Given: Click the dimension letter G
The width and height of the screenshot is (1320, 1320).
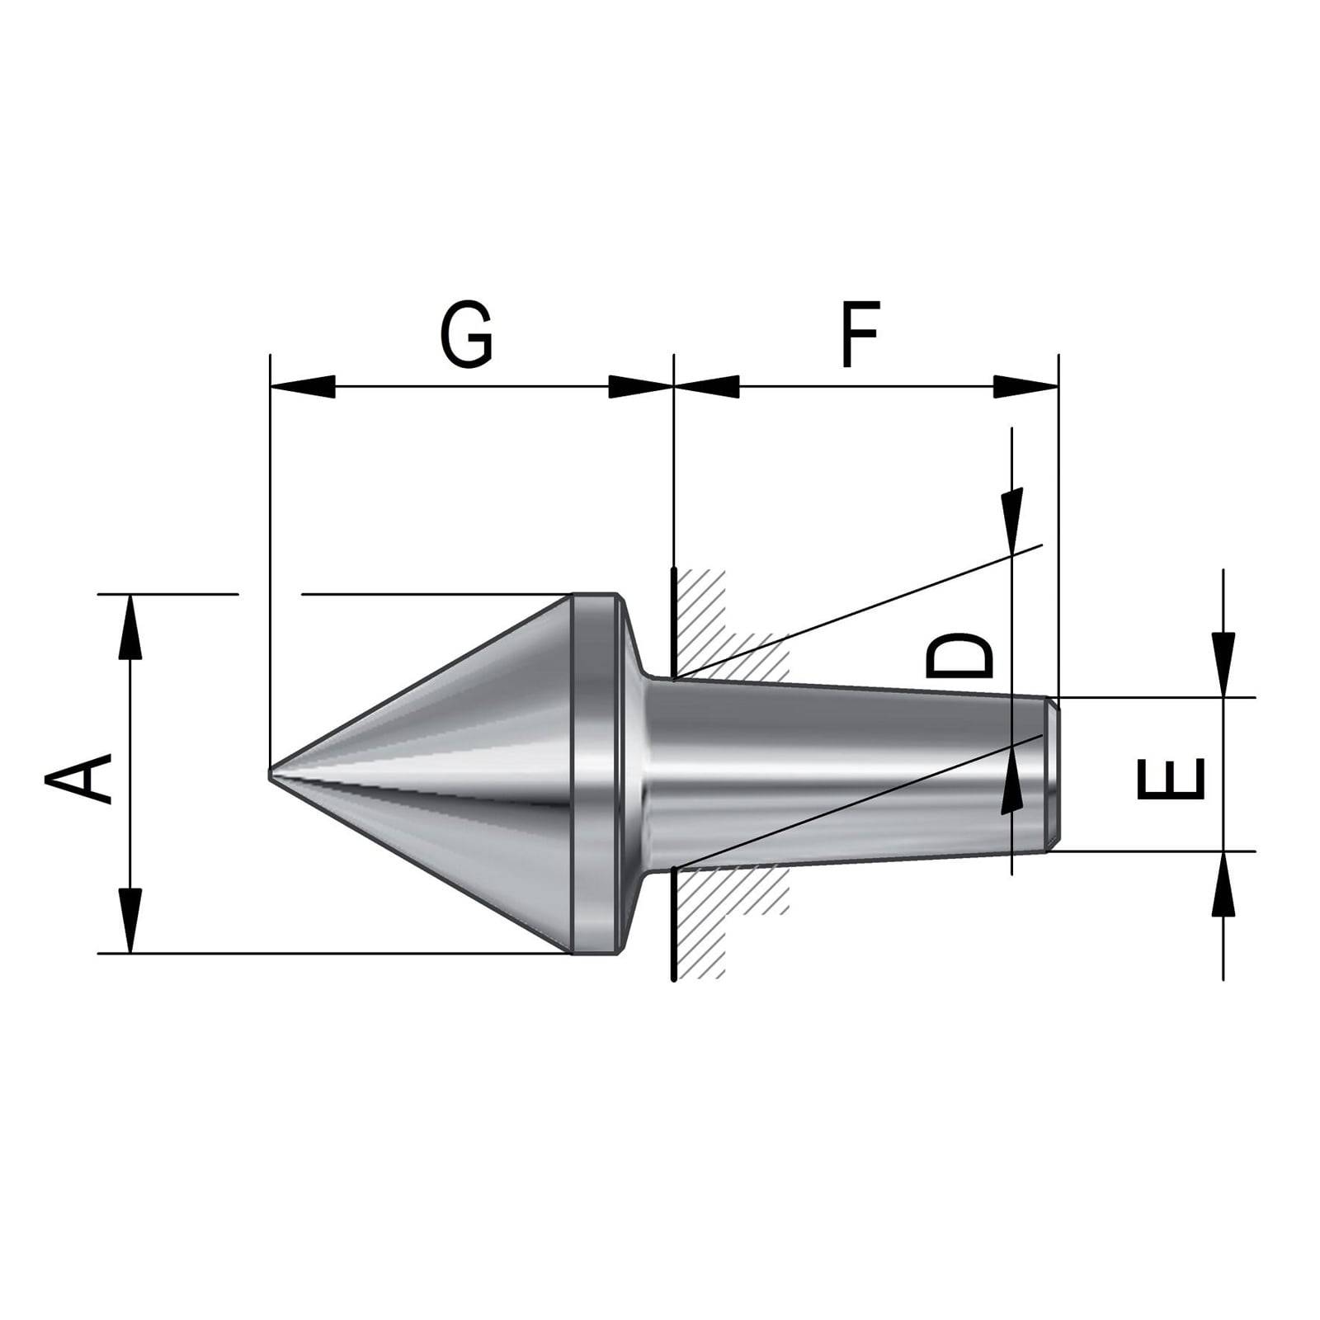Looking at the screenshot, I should pos(466,334).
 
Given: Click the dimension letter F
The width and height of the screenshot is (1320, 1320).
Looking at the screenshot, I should pos(860,334).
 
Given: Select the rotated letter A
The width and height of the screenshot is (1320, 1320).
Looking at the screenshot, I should pos(79,773).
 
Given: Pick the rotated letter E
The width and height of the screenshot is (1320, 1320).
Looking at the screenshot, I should pos(1171,780).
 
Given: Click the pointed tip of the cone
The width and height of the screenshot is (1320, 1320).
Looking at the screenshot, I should pos(273,774).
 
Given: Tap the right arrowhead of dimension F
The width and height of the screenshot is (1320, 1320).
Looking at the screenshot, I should pos(1025,386).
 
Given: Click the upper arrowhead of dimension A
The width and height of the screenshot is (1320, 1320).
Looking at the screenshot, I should pos(130,627).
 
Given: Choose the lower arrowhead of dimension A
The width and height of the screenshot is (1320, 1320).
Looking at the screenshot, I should pos(130,920).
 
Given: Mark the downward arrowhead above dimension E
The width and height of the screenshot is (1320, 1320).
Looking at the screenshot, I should pos(1223,664).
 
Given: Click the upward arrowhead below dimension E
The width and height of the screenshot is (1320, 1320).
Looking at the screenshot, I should pos(1223,884).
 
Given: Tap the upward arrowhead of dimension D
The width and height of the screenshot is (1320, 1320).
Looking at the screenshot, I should pos(1011,784).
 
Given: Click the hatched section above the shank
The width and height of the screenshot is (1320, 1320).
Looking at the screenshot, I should pos(718,627).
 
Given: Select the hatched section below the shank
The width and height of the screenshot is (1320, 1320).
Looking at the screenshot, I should pos(718,916).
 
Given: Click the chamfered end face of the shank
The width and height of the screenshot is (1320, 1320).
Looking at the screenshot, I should pos(1052,774).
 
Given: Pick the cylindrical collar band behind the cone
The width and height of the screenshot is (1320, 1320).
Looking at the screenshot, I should pos(594,774).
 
